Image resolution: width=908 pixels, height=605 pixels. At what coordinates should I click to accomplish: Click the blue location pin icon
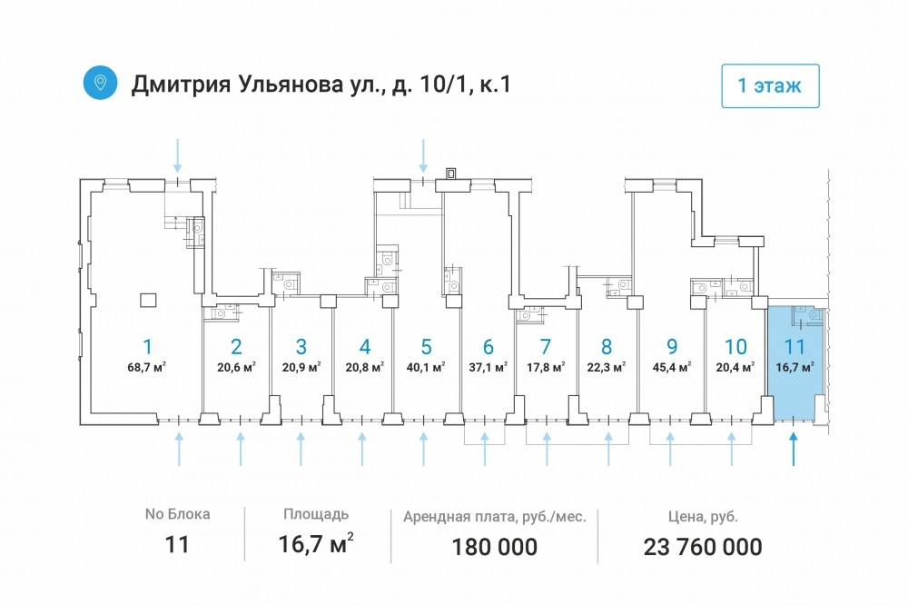[100, 83]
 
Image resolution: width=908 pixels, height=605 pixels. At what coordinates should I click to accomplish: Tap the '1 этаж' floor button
[770, 85]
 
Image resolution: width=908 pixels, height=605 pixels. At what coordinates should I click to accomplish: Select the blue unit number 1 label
[148, 346]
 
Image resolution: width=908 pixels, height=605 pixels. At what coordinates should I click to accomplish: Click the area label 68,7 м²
[147, 366]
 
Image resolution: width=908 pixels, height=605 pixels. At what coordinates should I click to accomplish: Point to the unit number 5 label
[426, 346]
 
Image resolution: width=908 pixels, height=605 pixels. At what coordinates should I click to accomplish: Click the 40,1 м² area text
[426, 367]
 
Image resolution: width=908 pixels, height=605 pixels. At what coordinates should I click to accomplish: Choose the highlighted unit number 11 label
[794, 346]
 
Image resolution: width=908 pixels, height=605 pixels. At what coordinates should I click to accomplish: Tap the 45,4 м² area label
[672, 367]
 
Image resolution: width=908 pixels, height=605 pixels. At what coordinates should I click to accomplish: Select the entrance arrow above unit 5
[423, 155]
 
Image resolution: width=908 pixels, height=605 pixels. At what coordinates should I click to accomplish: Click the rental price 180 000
[495, 547]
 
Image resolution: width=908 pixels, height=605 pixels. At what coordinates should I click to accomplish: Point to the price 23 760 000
[703, 547]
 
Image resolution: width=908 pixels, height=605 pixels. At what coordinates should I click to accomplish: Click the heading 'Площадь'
[316, 514]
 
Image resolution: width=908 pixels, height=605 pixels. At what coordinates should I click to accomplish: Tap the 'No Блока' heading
[177, 514]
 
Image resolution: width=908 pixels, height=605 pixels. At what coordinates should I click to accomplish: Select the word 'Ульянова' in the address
[290, 84]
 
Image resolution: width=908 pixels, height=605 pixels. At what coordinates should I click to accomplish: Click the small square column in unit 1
[148, 300]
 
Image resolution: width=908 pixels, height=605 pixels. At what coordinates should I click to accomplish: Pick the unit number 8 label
[607, 346]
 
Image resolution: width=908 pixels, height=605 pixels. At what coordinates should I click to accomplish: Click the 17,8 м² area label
[546, 367]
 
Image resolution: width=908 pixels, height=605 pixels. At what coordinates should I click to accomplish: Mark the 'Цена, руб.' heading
[703, 516]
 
